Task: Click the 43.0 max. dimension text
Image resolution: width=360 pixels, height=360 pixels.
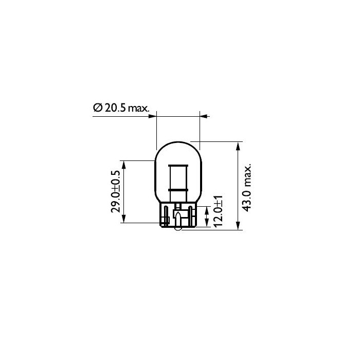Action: pos(247,188)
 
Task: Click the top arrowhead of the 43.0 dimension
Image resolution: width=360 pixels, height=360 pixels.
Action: pos(238,145)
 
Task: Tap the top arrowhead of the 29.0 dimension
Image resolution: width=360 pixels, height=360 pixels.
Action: pos(123,164)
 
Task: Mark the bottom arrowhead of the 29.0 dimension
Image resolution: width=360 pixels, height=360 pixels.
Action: pos(123,220)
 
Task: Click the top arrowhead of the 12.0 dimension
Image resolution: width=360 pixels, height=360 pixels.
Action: pos(206,209)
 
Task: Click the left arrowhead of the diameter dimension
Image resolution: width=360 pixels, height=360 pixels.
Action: pos(153,116)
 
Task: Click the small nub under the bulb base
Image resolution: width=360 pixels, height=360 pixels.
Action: pos(177,228)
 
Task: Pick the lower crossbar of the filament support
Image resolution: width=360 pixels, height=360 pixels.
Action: pos(177,191)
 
